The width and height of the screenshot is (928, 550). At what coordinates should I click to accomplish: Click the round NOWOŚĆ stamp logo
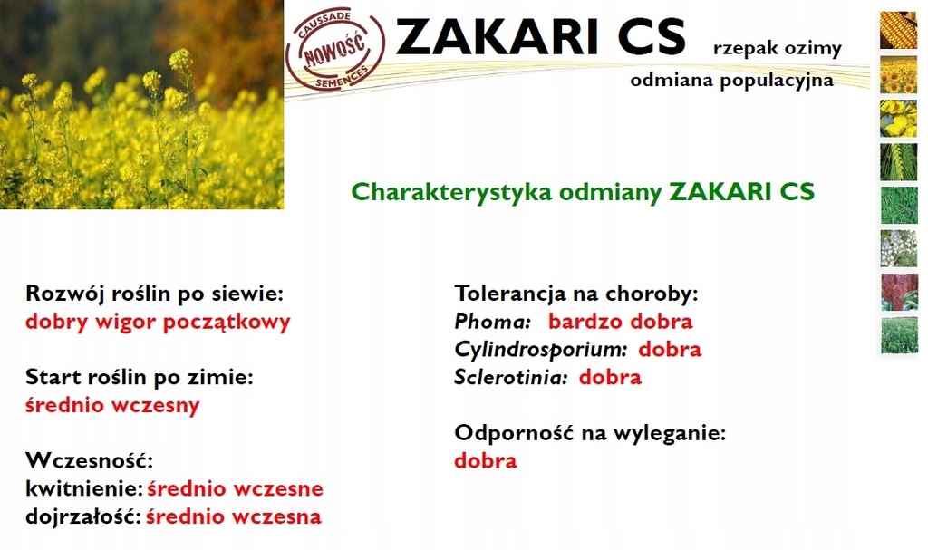(x=335, y=52)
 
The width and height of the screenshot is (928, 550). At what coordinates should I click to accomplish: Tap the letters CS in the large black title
(x=652, y=37)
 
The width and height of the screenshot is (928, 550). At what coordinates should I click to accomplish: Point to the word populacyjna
(x=777, y=81)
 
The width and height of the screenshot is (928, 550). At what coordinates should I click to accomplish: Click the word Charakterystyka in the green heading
(x=451, y=192)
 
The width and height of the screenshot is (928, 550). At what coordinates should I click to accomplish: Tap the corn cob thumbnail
(x=898, y=30)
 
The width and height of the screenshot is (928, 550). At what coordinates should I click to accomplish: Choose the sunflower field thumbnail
(x=898, y=74)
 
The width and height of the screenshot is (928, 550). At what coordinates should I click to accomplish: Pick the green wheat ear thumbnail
(x=898, y=161)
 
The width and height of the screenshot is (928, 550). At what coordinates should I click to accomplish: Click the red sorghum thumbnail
(x=898, y=292)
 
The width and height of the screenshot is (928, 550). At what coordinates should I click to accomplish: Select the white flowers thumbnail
(x=898, y=248)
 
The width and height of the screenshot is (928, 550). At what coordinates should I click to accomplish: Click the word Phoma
(x=492, y=322)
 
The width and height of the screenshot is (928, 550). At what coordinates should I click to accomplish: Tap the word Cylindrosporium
(x=541, y=350)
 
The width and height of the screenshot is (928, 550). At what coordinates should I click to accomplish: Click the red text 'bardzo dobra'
(x=620, y=322)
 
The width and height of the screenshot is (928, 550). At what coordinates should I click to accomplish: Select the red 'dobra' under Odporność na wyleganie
(x=486, y=460)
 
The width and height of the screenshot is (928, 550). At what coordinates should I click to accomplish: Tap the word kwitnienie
(x=84, y=489)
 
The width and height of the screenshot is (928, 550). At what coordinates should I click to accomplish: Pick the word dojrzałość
(x=82, y=516)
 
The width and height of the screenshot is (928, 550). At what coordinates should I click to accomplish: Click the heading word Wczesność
(x=90, y=460)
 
